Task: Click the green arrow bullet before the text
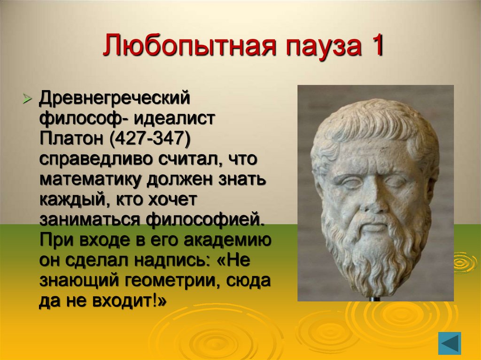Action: pyautogui.click(x=27, y=100)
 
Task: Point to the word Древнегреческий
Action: pyautogui.click(x=114, y=99)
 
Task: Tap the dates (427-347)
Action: pyautogui.click(x=150, y=139)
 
